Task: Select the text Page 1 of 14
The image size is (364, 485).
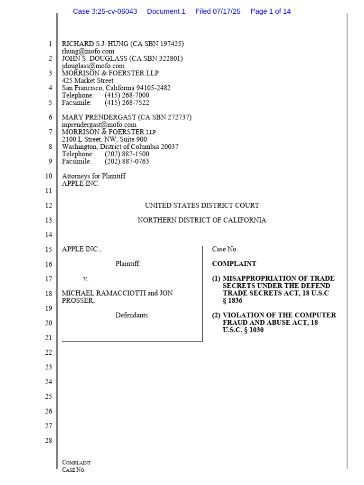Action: tap(270, 11)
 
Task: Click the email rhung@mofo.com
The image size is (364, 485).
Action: tap(88, 51)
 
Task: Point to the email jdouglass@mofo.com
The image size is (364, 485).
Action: tap(93, 66)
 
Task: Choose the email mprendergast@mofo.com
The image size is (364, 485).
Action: tap(99, 125)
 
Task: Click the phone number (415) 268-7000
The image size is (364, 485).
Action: tap(127, 95)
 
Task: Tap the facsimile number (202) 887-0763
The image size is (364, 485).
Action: tap(127, 161)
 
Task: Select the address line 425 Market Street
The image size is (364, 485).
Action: tap(88, 81)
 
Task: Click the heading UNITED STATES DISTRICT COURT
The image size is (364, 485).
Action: tap(201, 206)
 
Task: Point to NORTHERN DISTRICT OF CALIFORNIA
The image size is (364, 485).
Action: tap(201, 220)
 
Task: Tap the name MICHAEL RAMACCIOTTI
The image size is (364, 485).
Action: tap(104, 293)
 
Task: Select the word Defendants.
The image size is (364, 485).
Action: tap(132, 315)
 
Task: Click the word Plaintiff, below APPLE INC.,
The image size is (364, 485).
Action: tap(128, 264)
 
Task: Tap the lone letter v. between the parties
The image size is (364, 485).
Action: tap(86, 278)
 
